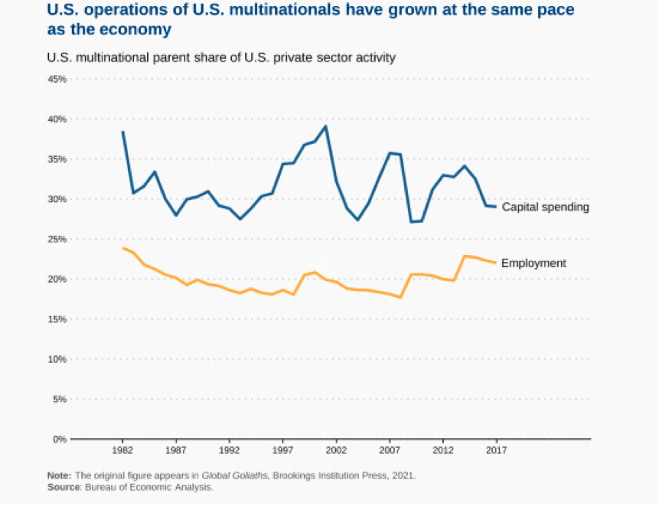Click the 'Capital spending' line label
click(x=545, y=207)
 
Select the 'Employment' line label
click(x=533, y=263)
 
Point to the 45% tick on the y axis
click(x=57, y=79)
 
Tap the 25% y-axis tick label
click(x=57, y=239)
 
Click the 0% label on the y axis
click(x=59, y=439)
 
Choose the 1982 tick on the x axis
click(x=122, y=451)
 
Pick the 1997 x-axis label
click(x=282, y=451)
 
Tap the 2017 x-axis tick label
click(x=497, y=451)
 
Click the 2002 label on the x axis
click(x=336, y=451)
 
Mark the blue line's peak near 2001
click(x=326, y=126)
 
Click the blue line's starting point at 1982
click(x=122, y=132)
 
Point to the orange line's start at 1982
click(x=122, y=247)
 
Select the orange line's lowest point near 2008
click(x=400, y=297)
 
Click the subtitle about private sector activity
click(x=220, y=57)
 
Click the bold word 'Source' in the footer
click(x=63, y=487)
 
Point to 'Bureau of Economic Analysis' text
click(x=149, y=487)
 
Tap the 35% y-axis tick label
click(x=57, y=159)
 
